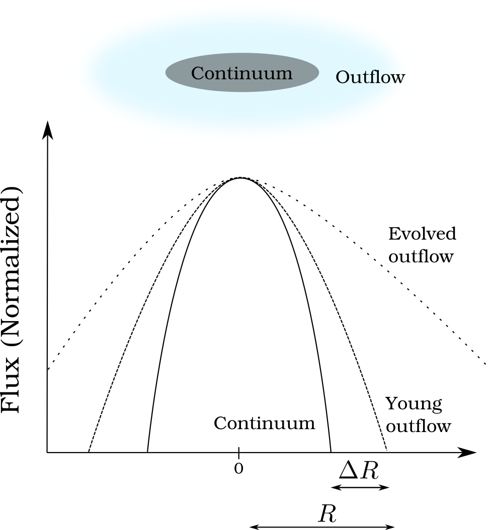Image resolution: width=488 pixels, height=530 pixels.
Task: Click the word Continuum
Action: pos(241,73)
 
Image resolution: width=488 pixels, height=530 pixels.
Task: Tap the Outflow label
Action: pos(370,77)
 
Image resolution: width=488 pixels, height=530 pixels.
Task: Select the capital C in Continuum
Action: pos(198,73)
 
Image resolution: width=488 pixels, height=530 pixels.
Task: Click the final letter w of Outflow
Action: pos(397,78)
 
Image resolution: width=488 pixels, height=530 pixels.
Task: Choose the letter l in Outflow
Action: pos(377,76)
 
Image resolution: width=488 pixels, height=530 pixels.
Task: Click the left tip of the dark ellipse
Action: pos(166,72)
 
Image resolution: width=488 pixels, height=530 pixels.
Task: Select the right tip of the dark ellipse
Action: pos(318,72)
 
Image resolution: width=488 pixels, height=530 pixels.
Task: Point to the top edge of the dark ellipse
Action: pos(242,53)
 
